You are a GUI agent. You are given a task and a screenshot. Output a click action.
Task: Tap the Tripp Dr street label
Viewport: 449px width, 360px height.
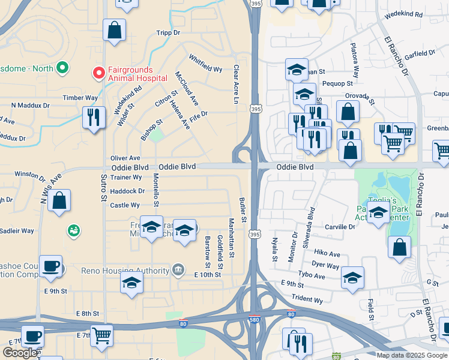click(x=168, y=33)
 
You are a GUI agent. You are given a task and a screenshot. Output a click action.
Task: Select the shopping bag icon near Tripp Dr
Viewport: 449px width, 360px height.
click(x=113, y=30)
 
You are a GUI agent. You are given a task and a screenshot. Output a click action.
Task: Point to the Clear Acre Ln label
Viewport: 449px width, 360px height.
click(x=236, y=84)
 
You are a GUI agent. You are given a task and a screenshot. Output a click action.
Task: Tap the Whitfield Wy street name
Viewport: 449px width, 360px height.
click(x=205, y=64)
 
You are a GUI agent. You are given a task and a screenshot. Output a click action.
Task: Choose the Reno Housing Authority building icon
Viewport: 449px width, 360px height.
click(x=178, y=271)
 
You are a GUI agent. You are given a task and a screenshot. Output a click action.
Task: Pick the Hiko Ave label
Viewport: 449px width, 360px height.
click(x=327, y=254)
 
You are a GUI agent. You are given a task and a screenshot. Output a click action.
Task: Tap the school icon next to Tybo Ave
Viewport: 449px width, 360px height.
click(x=353, y=277)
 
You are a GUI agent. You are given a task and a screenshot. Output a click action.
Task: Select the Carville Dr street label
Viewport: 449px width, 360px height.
click(x=340, y=227)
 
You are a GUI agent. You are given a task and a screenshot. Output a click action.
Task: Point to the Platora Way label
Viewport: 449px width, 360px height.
click(x=355, y=61)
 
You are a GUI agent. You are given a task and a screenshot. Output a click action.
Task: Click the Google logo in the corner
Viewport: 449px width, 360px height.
click(x=20, y=353)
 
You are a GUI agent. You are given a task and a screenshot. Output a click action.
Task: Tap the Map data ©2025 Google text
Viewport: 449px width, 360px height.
click(x=411, y=355)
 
